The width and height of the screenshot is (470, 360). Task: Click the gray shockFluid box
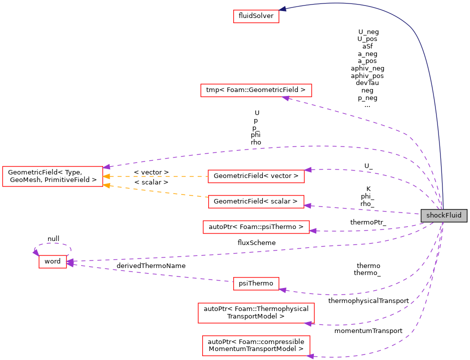coord(444,215)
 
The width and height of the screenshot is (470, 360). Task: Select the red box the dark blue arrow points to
coord(256,16)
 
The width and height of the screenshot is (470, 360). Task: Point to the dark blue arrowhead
coord(283,9)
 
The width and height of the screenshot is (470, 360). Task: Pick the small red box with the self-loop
coord(53,261)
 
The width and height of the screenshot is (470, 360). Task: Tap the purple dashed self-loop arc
coord(53,243)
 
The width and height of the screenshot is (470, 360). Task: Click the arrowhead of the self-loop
coord(36,252)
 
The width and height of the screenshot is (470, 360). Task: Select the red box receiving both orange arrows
coord(52,176)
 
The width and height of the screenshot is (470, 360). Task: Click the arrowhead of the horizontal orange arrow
coord(106,176)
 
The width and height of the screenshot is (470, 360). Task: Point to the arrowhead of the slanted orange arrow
coord(106,185)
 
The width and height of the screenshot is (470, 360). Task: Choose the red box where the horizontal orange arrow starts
coord(256,176)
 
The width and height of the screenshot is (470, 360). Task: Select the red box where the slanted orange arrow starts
coord(256,202)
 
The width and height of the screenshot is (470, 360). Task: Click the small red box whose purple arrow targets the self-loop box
coord(256,283)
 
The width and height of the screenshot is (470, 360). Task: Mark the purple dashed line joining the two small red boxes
coord(150,273)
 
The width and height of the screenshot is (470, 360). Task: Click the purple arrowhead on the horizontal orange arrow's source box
coord(308,170)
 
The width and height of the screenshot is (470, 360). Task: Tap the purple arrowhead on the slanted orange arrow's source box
coord(308,205)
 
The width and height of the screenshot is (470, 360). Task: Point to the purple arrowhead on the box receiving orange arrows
coord(107,166)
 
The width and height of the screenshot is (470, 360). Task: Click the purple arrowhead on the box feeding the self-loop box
coord(283,289)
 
